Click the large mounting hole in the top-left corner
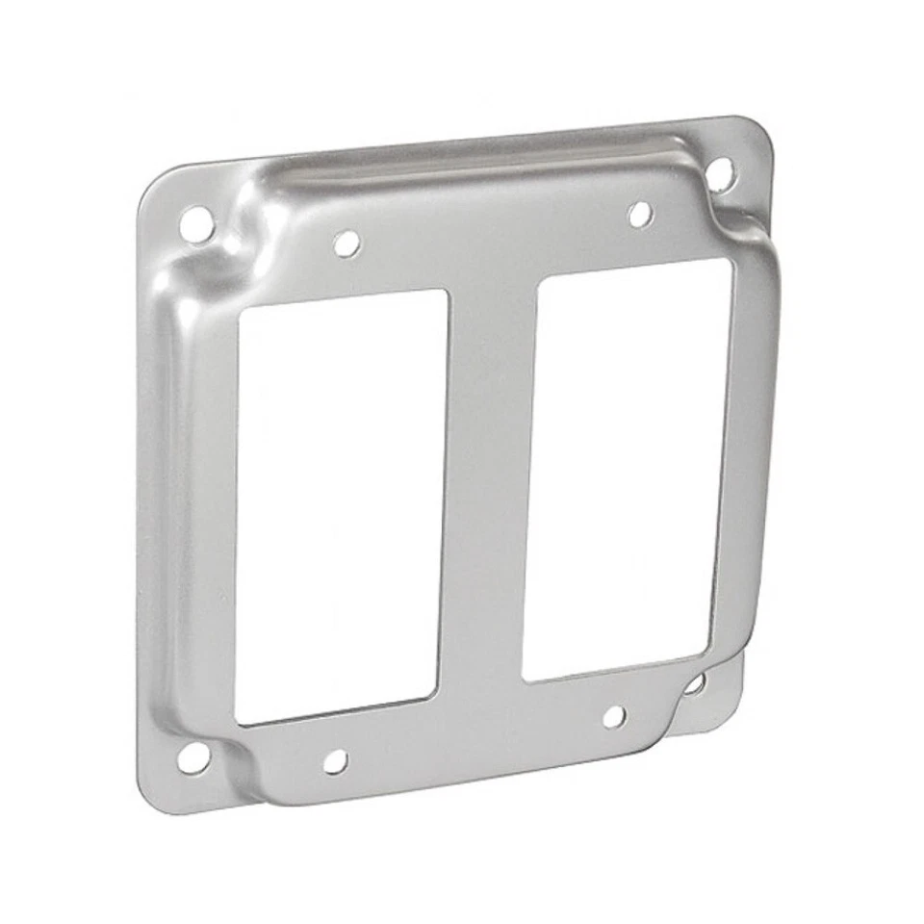195,225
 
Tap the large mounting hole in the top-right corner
719,174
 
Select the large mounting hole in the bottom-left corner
192,757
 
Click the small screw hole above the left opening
346,244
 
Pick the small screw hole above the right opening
640,215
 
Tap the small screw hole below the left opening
335,761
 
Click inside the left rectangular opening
342,505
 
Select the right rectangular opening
626,467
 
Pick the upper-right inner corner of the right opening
728,263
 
